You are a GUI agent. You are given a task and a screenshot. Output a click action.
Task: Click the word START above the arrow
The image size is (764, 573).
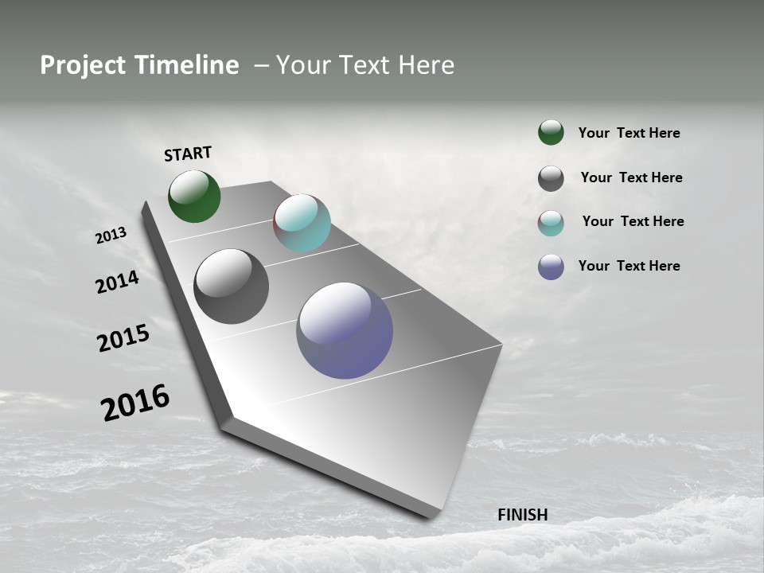coord(188,153)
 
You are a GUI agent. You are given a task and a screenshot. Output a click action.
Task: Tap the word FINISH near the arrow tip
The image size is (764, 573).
coord(522,515)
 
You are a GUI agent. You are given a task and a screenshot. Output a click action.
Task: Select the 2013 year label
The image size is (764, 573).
coord(111,236)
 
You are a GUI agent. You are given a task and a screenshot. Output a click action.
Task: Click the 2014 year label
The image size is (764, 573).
coord(117,282)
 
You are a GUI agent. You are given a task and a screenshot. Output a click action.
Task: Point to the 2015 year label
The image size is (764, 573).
coord(123,338)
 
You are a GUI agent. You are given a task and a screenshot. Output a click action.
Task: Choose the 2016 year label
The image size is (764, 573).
coord(135,402)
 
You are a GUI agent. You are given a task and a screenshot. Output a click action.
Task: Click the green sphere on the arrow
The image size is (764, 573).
coord(194,196)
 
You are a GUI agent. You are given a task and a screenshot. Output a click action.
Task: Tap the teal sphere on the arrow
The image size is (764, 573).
coord(302,223)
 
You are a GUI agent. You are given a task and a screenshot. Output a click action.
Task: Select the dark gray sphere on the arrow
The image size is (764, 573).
coord(231,286)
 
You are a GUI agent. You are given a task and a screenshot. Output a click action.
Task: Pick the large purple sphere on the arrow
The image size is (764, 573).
coord(345,330)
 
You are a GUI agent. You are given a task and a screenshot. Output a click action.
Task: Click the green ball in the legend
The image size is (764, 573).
coord(551,132)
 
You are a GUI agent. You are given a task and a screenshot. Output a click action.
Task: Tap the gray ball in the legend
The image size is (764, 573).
coord(551,178)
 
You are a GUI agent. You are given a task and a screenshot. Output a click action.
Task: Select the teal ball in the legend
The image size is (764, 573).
coord(551,223)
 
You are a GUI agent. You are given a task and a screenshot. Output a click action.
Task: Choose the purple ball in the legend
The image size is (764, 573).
coord(551,267)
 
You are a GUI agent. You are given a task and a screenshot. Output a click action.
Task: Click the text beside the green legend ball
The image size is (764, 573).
coord(629,133)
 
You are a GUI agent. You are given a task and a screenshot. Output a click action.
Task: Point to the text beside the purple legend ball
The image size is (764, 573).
coord(629,266)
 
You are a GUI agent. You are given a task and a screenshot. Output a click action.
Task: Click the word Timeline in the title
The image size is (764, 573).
coord(186,65)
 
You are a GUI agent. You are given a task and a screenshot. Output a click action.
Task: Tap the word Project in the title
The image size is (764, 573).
coord(83,65)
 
